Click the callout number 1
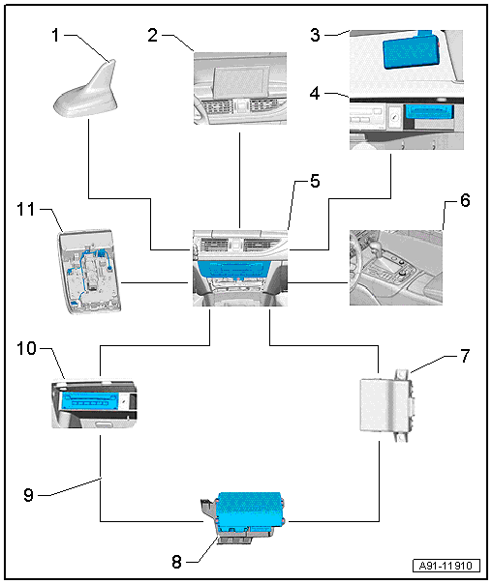(x=55, y=36)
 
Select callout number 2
(x=153, y=36)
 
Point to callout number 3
(x=315, y=36)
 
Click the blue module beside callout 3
(x=412, y=51)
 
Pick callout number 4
(x=315, y=93)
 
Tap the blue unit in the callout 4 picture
(x=429, y=112)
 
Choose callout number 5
(x=315, y=181)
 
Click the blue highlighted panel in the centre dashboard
(x=233, y=269)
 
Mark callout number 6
(x=465, y=200)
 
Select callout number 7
(x=465, y=356)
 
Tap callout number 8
(x=177, y=562)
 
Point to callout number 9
(x=29, y=495)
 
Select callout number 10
(x=26, y=349)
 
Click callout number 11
(x=26, y=209)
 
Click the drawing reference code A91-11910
(x=446, y=566)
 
